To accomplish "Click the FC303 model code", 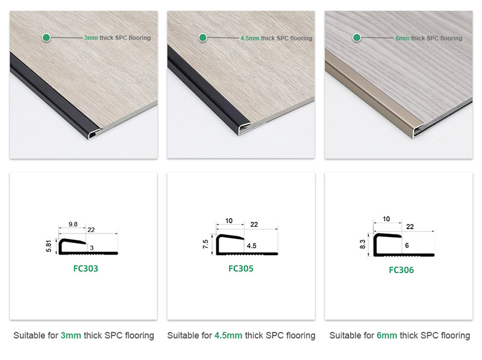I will click(83, 268).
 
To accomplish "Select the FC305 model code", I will click(241, 268).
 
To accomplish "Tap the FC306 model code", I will click(398, 270).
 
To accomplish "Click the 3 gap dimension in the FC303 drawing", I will click(92, 247).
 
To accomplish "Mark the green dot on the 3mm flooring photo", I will click(46, 37).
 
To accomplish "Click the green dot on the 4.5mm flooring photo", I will click(203, 37).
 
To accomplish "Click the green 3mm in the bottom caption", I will click(72, 335).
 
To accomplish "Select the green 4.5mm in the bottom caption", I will click(227, 335).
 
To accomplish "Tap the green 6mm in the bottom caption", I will click(386, 335).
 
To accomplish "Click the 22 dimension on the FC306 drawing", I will click(410, 226).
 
